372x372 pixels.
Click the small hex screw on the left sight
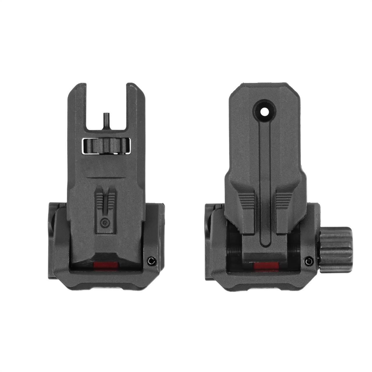(151, 262)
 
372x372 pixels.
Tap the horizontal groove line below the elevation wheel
(105, 176)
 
